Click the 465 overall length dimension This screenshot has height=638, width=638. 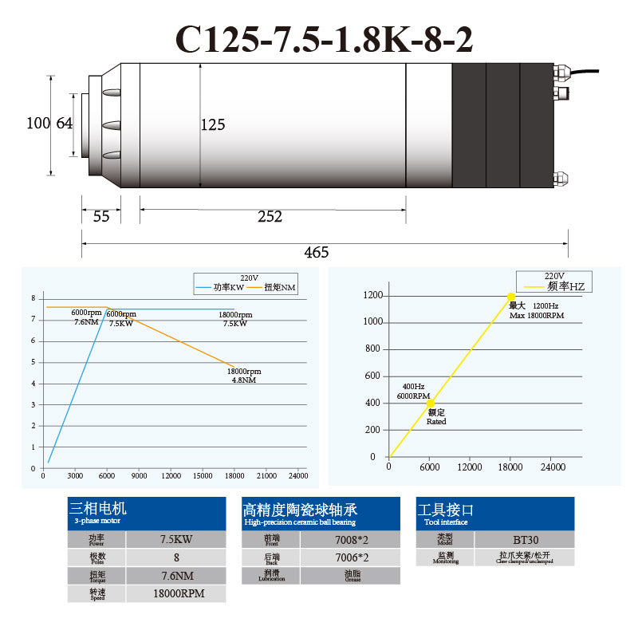[317, 252]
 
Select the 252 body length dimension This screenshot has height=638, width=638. [270, 216]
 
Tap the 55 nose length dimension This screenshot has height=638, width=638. [101, 216]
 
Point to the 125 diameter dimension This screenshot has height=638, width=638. [213, 125]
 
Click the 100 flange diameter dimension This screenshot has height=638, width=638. [37, 124]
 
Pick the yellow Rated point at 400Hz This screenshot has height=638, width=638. [431, 404]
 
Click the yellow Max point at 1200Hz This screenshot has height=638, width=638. [511, 297]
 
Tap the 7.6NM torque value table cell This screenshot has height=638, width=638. [176, 575]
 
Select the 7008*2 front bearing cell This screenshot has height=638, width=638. [350, 540]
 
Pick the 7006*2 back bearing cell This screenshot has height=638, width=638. [350, 558]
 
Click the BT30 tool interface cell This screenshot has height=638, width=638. [526, 540]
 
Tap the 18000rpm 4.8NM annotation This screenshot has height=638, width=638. [244, 376]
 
